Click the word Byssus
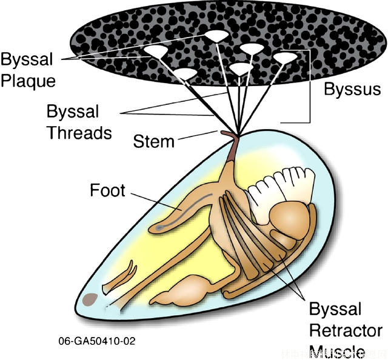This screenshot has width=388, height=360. (x=352, y=90)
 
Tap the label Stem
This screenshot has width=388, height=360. (x=153, y=141)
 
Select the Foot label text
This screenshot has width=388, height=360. (x=107, y=190)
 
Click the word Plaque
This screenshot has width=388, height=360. (x=28, y=81)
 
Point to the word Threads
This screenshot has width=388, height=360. (x=79, y=132)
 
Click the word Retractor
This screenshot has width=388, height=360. (x=346, y=330)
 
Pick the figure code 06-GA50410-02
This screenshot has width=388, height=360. (x=97, y=341)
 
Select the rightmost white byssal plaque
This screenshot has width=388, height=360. (x=286, y=58)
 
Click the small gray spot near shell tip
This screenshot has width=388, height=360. (x=91, y=298)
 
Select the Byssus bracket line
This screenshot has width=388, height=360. (x=310, y=85)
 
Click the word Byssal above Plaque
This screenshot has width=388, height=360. (x=27, y=60)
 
